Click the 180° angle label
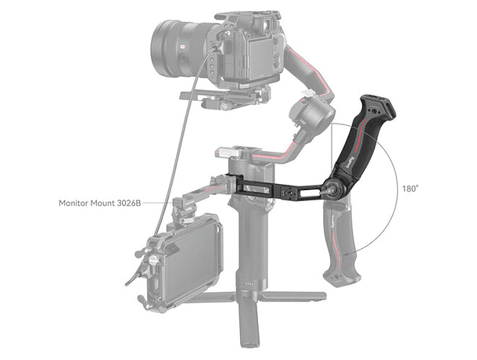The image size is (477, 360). coord(410,189)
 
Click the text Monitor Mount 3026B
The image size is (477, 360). coord(100,203)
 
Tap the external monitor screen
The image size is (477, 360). coord(192,258)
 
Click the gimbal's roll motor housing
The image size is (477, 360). coord(311,115)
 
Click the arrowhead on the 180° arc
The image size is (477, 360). coord(347,254)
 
